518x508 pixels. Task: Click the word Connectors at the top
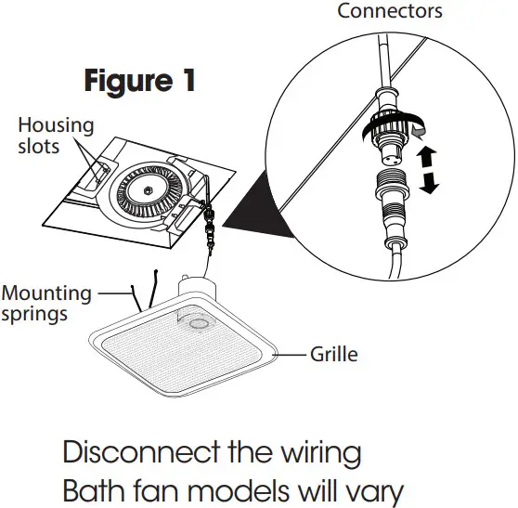(x=390, y=11)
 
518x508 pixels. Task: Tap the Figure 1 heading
(x=139, y=81)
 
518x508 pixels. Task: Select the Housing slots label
(x=57, y=136)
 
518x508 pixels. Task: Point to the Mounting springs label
(x=46, y=303)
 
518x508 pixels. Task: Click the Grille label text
(x=333, y=354)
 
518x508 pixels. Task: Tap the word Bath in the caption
(x=92, y=490)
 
